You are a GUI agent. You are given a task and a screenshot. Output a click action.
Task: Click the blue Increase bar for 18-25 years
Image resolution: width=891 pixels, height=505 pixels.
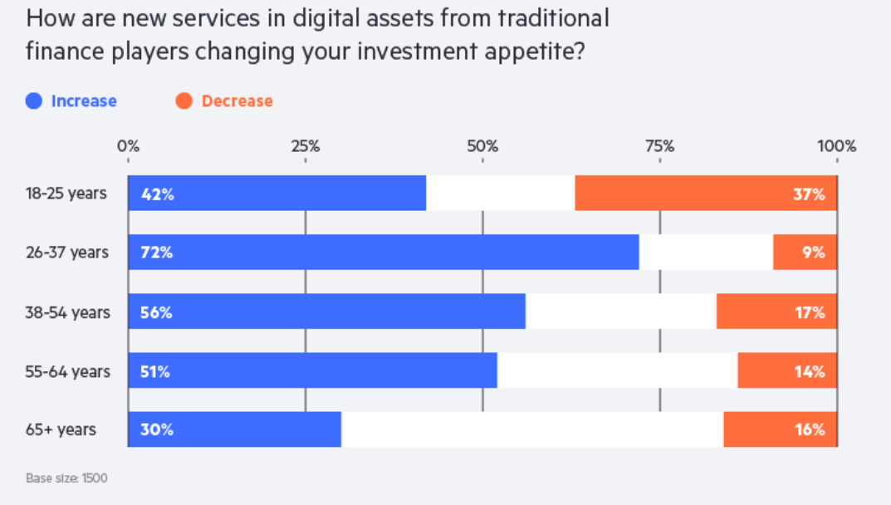[x=277, y=194]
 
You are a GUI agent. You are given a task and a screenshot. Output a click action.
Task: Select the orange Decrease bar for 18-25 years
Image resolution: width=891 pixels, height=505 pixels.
[x=706, y=194]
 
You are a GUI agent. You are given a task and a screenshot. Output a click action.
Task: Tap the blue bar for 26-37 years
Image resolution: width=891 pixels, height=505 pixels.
[x=384, y=252]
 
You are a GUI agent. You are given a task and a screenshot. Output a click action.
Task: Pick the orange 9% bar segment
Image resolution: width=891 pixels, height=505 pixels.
[x=805, y=252]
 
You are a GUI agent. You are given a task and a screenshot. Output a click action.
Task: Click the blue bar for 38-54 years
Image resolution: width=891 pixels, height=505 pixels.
[x=327, y=311]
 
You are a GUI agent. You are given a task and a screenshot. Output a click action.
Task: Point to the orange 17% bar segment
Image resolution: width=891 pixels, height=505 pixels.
[x=776, y=311]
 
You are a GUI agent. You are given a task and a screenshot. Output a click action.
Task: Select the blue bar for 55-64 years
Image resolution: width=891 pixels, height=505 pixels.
[x=312, y=370]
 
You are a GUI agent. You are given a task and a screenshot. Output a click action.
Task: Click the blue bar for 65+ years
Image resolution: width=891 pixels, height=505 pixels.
[x=235, y=429]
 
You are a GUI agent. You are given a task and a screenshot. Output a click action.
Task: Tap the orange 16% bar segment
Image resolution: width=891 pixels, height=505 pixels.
[x=780, y=429]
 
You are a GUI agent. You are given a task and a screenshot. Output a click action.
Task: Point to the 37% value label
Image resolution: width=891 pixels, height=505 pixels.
[x=808, y=194]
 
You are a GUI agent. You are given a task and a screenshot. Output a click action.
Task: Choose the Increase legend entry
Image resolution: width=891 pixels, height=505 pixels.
[x=71, y=101]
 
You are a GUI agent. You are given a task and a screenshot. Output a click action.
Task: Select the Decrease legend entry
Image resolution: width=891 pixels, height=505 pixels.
[x=225, y=101]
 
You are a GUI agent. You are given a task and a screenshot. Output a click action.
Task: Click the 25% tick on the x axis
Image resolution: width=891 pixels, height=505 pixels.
[x=306, y=147]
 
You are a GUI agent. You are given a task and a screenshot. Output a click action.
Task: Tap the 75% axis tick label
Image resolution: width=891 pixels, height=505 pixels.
[x=659, y=147]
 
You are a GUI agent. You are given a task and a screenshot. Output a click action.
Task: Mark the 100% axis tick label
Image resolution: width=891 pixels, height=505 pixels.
[x=836, y=147]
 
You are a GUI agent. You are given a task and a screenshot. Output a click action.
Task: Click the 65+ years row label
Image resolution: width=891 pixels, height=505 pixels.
[x=61, y=429]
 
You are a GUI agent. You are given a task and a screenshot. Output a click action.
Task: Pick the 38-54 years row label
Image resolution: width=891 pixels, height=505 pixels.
[x=67, y=311]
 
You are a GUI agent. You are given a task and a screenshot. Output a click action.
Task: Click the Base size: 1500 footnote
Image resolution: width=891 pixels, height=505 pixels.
[x=66, y=478]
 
